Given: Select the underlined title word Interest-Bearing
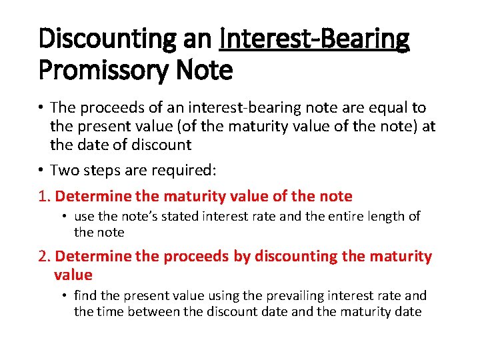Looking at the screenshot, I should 314,39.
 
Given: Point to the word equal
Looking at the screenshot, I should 379,108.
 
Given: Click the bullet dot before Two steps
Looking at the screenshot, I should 41,171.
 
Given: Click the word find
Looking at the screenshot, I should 85,295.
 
